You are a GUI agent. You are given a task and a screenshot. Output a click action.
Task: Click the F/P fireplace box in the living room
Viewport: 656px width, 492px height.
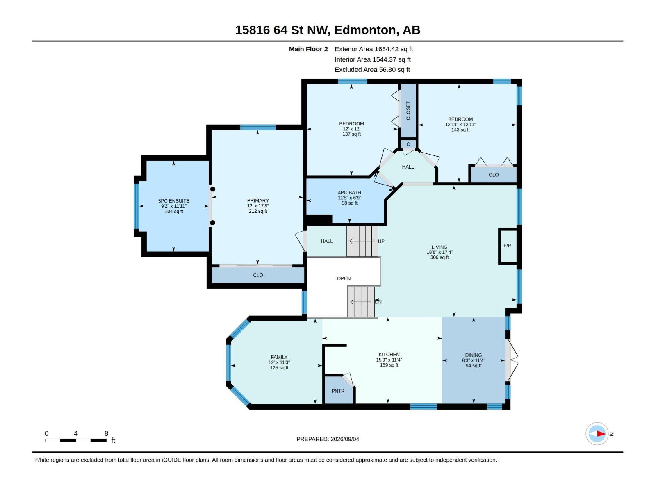point(508,246)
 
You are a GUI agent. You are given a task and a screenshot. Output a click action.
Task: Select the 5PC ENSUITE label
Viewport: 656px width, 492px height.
point(174,201)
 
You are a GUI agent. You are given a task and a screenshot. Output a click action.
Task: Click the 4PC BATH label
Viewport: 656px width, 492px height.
point(349,193)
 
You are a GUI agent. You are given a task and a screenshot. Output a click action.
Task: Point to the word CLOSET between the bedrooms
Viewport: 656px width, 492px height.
point(408,111)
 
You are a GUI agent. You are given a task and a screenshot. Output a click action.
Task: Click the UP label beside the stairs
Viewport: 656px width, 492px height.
point(381,241)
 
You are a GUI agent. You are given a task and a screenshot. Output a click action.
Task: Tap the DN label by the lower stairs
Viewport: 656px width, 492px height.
point(378,302)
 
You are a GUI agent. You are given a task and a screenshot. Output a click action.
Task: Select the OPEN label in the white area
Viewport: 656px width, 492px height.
point(344,278)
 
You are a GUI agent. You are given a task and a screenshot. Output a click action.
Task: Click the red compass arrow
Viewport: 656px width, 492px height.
point(601,434)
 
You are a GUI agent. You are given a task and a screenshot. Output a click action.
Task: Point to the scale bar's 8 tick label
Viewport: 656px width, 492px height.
point(106,433)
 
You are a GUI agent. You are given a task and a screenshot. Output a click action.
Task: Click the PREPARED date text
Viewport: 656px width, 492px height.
point(328,439)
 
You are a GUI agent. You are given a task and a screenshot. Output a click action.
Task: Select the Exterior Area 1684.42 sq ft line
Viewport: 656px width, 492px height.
point(374,49)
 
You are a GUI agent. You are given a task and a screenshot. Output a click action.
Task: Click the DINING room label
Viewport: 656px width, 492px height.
point(474,355)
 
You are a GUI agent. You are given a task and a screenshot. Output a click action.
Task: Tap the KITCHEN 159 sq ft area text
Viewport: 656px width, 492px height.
point(389,365)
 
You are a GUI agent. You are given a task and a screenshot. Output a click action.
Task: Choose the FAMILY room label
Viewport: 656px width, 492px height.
point(279,357)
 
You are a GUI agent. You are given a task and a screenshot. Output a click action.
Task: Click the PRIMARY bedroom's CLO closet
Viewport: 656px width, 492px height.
point(258,275)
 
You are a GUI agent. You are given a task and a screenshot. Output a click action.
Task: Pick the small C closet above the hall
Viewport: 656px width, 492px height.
point(408,144)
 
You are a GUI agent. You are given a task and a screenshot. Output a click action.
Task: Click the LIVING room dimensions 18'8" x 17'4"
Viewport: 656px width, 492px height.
point(440,253)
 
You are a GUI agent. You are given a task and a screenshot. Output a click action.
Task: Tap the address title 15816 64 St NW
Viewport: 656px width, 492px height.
point(282,30)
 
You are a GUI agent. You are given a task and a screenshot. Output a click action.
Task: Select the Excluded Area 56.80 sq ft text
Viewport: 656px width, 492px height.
point(372,70)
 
